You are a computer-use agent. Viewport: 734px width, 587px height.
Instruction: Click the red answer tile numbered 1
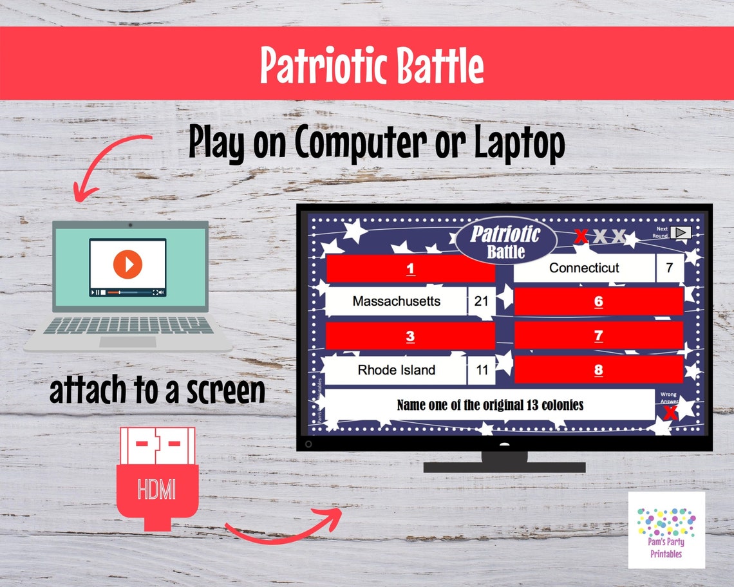(410, 269)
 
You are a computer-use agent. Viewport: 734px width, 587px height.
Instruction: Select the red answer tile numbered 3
(410, 336)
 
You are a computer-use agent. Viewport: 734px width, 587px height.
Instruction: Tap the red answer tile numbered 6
(598, 301)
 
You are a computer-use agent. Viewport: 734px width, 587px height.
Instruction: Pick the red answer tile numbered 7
(598, 335)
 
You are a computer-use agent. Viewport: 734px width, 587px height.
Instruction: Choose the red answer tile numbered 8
(598, 369)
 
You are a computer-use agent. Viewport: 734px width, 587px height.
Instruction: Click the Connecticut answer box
(583, 268)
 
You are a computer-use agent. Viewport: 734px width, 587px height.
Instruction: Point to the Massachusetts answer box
(396, 301)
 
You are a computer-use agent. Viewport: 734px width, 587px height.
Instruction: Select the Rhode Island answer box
(396, 370)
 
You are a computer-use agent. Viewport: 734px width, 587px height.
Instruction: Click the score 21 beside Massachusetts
(481, 301)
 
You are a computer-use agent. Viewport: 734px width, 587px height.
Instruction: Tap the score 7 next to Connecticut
(670, 268)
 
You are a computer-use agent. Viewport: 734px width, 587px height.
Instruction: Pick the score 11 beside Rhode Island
(481, 370)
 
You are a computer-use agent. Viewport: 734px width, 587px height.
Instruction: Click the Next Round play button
(681, 233)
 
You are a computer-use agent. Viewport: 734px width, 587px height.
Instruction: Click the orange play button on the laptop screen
(127, 264)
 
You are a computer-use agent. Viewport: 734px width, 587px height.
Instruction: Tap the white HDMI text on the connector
(156, 490)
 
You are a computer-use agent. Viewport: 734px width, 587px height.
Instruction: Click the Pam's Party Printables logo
(666, 530)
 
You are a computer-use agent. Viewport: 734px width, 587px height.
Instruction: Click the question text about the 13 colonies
(490, 405)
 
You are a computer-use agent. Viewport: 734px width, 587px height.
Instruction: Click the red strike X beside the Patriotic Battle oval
(581, 237)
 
